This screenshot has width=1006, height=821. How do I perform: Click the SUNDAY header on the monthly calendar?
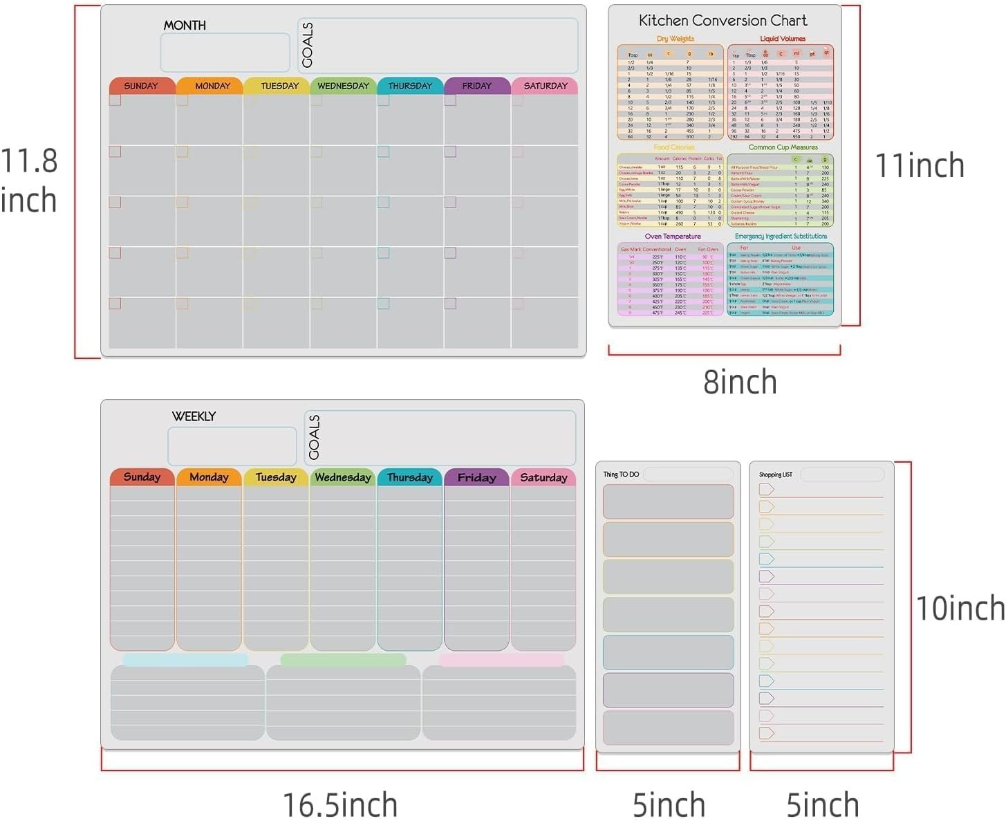click(x=141, y=86)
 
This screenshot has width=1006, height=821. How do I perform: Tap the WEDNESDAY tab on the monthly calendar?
click(x=343, y=86)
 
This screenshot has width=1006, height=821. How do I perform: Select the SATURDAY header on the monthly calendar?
click(x=545, y=86)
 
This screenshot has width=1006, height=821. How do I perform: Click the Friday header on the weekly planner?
click(x=476, y=477)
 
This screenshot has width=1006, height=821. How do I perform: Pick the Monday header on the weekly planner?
click(x=209, y=477)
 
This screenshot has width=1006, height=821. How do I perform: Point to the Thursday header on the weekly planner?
click(x=410, y=477)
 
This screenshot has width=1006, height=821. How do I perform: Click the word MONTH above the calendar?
click(x=185, y=26)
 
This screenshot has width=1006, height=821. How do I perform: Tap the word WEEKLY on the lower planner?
click(x=194, y=416)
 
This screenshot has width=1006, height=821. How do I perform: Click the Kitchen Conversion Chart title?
click(x=723, y=21)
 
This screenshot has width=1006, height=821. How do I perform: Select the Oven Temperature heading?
click(x=673, y=237)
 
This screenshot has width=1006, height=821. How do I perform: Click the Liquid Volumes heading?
click(x=783, y=39)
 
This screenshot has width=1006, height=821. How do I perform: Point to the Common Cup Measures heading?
click(x=783, y=147)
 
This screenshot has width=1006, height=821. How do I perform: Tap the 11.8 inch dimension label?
click(x=28, y=181)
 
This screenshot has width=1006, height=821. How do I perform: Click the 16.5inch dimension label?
click(x=340, y=805)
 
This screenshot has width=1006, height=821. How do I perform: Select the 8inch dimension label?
click(x=740, y=382)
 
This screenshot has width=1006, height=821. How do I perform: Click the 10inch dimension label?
click(x=960, y=608)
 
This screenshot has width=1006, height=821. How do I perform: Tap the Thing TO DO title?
click(x=621, y=474)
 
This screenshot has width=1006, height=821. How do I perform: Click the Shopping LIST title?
click(x=776, y=474)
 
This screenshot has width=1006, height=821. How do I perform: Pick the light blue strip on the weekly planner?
click(x=185, y=660)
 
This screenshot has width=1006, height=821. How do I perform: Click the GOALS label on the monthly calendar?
click(x=308, y=46)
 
